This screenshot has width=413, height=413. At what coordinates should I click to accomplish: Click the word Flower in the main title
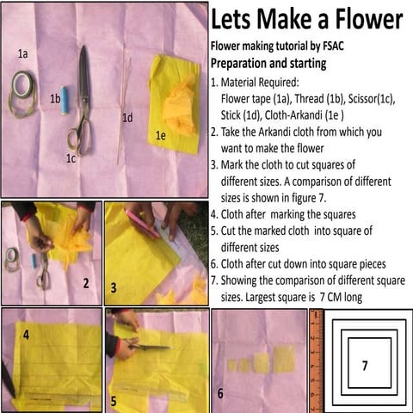coord(362,19)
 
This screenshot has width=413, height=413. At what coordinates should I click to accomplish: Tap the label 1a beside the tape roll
coord(23,53)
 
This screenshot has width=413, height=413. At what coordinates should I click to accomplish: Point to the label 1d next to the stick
coord(127,118)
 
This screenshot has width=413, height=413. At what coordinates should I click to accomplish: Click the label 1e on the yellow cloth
coord(160,135)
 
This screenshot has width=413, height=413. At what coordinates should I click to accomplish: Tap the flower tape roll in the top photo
coord(22,89)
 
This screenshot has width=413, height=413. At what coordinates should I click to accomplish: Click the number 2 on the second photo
coord(85,283)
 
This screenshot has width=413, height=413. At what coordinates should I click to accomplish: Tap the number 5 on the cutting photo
coord(114,401)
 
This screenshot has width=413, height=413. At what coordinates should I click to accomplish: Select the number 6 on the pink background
coord(220,393)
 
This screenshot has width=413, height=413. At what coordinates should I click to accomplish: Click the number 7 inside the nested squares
coord(364,366)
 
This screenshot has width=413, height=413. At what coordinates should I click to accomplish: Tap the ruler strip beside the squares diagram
coord(315,361)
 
